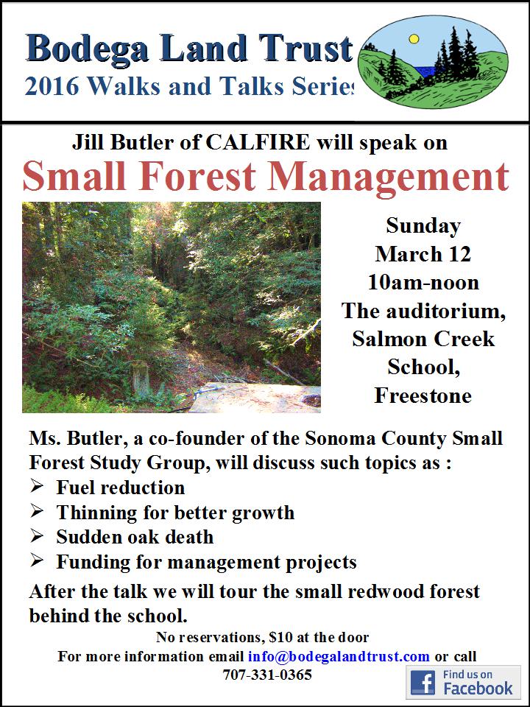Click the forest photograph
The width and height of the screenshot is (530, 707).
[x=171, y=306]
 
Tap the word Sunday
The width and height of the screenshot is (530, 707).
[x=423, y=225]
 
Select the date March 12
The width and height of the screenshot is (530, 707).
[x=423, y=254]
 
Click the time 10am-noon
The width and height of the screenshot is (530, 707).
[x=423, y=282]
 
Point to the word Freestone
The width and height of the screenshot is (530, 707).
[x=423, y=395]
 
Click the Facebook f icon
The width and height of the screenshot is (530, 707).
[x=423, y=683]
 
